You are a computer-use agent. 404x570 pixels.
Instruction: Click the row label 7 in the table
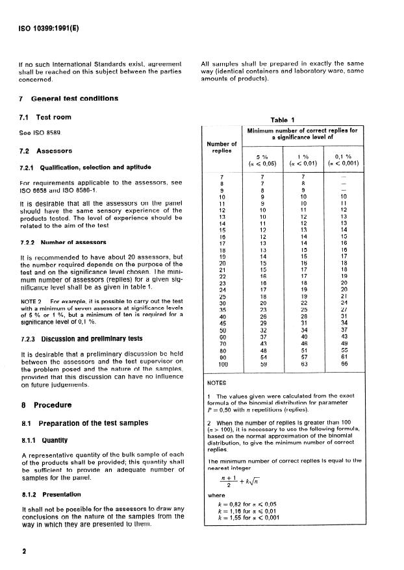click(x=221, y=176)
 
